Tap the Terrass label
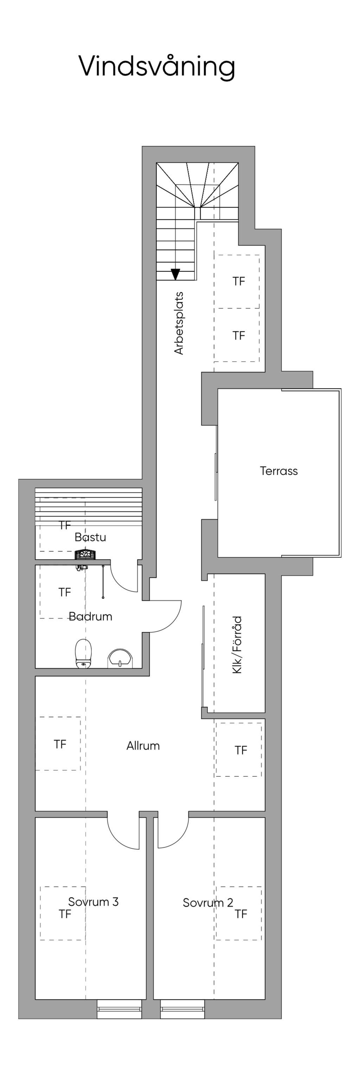coord(279,471)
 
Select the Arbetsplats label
coord(179,323)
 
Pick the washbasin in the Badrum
coord(121,659)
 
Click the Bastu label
coord(90,537)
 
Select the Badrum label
coord(90,616)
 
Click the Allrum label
coord(143,745)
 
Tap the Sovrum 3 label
coord(93,902)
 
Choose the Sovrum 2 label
coord(208,903)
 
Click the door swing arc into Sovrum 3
coord(117,839)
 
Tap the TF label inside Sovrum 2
coord(241,914)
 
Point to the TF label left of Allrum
coord(60,744)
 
